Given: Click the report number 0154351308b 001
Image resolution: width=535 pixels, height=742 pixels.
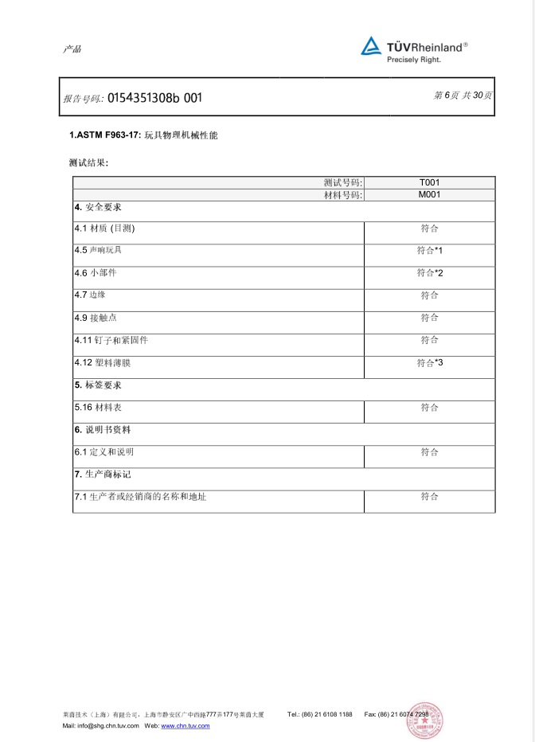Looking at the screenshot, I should coord(154,98).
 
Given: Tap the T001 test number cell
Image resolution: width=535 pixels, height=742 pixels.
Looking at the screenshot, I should coord(429,182).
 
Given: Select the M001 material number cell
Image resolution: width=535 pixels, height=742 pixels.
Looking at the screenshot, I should coord(429,194).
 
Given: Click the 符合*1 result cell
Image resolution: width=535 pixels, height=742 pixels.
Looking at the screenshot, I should coord(429,251).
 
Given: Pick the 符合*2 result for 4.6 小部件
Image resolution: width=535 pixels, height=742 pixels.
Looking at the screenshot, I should coord(429,273).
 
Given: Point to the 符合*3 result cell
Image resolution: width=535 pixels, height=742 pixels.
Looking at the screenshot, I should coord(429,363).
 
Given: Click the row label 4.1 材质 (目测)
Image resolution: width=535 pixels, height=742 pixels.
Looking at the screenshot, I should coord(104,228).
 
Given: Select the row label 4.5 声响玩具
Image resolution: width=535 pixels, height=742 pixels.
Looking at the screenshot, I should coord(98,251).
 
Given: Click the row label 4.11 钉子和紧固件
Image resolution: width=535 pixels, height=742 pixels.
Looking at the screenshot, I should coord(111,341).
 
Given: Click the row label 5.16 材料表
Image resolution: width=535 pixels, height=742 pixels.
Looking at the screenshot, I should coord(98,408).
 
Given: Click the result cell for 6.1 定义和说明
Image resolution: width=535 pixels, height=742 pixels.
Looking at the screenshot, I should coord(429,452).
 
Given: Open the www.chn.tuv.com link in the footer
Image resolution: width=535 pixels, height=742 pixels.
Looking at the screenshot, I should coord(185,726).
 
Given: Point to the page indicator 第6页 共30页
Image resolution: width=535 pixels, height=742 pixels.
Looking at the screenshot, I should coord(463,96).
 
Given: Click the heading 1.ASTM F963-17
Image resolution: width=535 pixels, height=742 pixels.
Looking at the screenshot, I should coord(105,135).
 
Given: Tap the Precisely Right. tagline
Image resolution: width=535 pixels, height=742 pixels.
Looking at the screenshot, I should coord(414,60).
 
